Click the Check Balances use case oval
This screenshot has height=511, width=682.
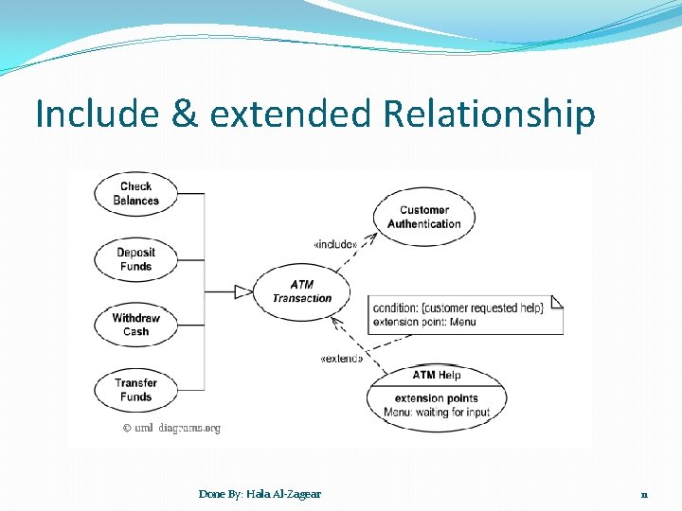click(135, 193)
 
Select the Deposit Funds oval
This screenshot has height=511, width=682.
click(135, 259)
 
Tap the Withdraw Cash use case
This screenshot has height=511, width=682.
click(135, 325)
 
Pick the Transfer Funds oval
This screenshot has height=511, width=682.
click(135, 390)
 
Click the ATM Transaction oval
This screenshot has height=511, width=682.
click(302, 291)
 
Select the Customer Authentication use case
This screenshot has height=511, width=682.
click(423, 217)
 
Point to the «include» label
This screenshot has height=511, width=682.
click(335, 245)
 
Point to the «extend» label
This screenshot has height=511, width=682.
click(341, 359)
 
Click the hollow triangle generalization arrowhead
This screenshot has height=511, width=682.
click(243, 291)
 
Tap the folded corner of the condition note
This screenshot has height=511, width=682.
click(557, 301)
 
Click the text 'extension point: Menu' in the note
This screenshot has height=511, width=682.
click(424, 322)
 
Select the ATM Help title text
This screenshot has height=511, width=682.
click(437, 375)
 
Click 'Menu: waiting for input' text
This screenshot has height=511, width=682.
click(437, 413)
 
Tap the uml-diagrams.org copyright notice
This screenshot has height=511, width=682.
click(171, 428)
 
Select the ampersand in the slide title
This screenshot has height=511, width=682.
click(185, 115)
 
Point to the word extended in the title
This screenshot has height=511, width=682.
click(291, 115)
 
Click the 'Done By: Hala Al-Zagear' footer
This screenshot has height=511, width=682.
click(260, 493)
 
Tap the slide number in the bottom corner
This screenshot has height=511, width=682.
click(643, 494)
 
